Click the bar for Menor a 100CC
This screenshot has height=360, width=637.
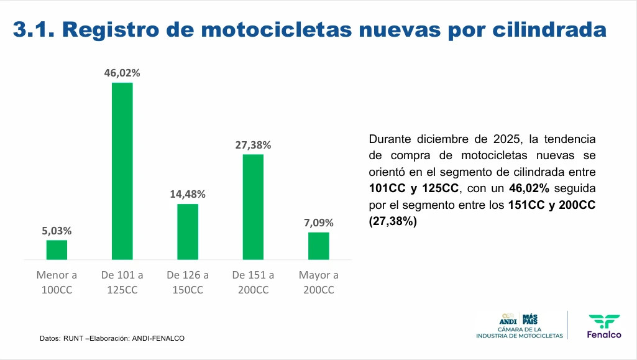point(57,249)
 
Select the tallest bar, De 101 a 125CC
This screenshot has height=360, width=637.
point(122,171)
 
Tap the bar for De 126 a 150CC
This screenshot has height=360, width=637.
point(188,231)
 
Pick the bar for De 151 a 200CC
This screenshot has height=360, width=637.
point(253,206)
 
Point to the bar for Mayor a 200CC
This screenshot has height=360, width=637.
point(319,246)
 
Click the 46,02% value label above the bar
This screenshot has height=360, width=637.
point(122,73)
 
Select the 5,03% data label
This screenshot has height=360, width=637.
point(57,231)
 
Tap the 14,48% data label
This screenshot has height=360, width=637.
point(188,194)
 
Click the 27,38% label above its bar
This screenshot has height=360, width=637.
point(253,145)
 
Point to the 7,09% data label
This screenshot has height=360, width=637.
point(319,223)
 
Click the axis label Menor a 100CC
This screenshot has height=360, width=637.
point(57,282)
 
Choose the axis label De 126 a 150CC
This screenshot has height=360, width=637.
point(188,282)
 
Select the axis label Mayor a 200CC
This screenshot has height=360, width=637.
point(319,282)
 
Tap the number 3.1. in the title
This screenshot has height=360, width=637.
point(35,29)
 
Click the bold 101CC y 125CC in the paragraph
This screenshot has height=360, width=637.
point(414,188)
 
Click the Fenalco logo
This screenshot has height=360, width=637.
point(604,326)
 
